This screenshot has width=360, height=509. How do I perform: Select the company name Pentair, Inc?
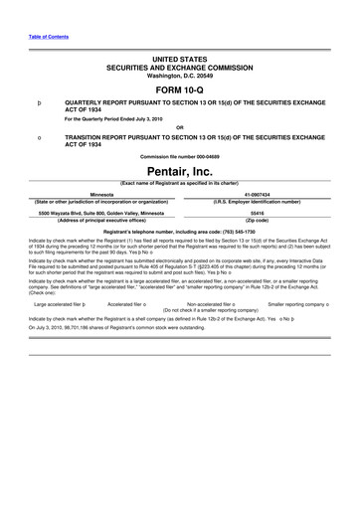point(179,172)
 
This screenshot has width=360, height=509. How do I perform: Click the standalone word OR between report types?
point(179,127)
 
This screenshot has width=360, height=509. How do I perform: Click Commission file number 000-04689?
point(179,157)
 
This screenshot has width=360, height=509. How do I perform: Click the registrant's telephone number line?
point(179,231)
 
